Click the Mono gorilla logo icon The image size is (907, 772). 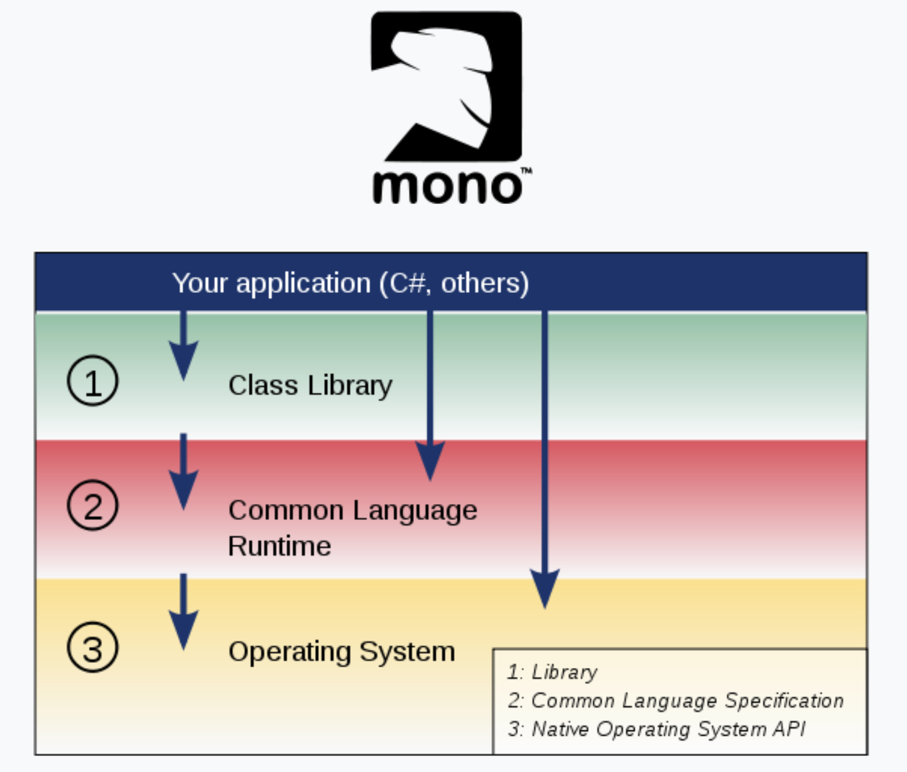click(446, 86)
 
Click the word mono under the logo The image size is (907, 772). click(446, 186)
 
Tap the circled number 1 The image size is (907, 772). click(92, 382)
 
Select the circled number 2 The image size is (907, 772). click(92, 506)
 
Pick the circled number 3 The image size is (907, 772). click(92, 648)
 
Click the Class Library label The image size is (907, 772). click(310, 385)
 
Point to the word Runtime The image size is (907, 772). click(279, 546)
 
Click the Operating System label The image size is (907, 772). click(342, 651)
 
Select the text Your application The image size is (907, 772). click(271, 283)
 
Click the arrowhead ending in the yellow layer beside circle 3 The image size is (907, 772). click(184, 628)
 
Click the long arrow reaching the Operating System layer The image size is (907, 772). click(545, 459)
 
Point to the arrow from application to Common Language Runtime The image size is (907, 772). click(431, 396)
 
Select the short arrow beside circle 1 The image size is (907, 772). click(184, 348)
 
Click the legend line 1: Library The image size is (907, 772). click(552, 672)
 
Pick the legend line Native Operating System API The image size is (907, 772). click(657, 729)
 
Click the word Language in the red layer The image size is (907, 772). click(415, 511)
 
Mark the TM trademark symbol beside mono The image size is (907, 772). click(526, 171)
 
